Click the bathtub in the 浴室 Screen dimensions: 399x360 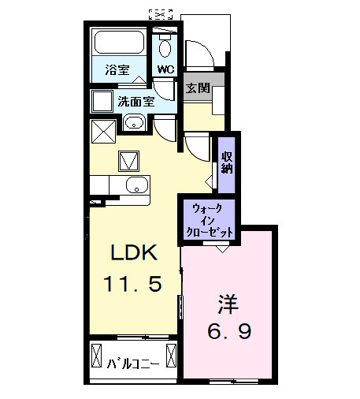click(x=119, y=43)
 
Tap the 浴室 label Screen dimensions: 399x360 click(x=118, y=69)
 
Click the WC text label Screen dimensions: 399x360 click(x=165, y=69)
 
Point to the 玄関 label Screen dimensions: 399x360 click(x=198, y=88)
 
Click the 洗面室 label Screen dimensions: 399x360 click(x=135, y=101)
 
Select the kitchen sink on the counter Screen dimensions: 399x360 click(x=135, y=186)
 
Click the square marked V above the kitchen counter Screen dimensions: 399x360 click(x=128, y=160)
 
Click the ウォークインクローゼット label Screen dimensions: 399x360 click(x=209, y=220)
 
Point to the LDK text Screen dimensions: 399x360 click(x=134, y=254)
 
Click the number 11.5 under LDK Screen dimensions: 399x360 click(x=133, y=282)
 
